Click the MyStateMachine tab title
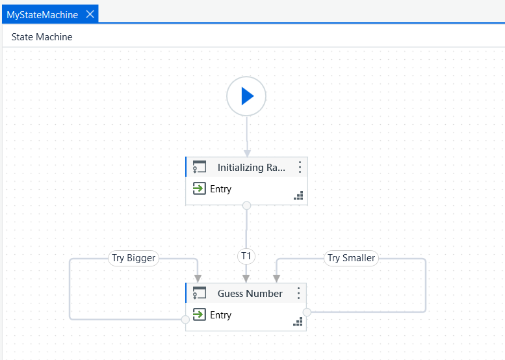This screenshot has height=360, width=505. point(42,15)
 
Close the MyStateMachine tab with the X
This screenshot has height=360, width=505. point(90,14)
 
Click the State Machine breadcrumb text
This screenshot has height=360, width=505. point(42,37)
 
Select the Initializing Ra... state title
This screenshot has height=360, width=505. point(252,168)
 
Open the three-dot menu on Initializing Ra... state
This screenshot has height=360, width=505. point(300,167)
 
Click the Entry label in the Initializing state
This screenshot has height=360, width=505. point(220,189)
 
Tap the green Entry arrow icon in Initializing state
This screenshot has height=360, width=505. point(200,188)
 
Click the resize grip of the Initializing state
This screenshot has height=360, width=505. point(298,196)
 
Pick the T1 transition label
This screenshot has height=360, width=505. point(246,256)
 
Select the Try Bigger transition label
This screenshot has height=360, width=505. point(134,258)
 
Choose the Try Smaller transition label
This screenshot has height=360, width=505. point(351,258)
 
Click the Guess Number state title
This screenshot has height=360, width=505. point(250,293)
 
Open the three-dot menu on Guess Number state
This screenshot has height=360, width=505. point(298,293)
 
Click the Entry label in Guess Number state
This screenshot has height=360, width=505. point(220,315)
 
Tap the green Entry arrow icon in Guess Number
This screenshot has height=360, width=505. point(200,315)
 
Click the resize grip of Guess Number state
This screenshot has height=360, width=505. point(298,322)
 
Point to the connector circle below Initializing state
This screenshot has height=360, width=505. point(247,205)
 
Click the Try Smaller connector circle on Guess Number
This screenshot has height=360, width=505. point(307,312)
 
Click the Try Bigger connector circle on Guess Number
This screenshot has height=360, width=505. point(185,320)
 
